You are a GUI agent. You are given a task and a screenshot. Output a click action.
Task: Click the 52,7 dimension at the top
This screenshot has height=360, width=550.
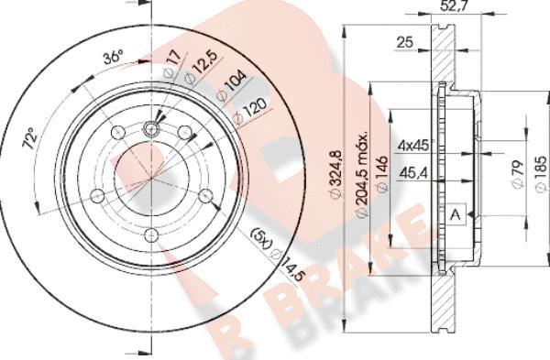(455, 5)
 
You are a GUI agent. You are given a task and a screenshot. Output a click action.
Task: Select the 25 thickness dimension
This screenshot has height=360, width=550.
(405, 42)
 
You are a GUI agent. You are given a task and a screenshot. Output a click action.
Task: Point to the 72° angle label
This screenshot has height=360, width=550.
(30, 139)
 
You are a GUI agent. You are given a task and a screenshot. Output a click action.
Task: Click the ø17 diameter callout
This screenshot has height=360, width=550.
(173, 63)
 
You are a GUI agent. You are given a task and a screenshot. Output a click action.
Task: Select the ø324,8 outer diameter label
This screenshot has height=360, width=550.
(336, 172)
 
